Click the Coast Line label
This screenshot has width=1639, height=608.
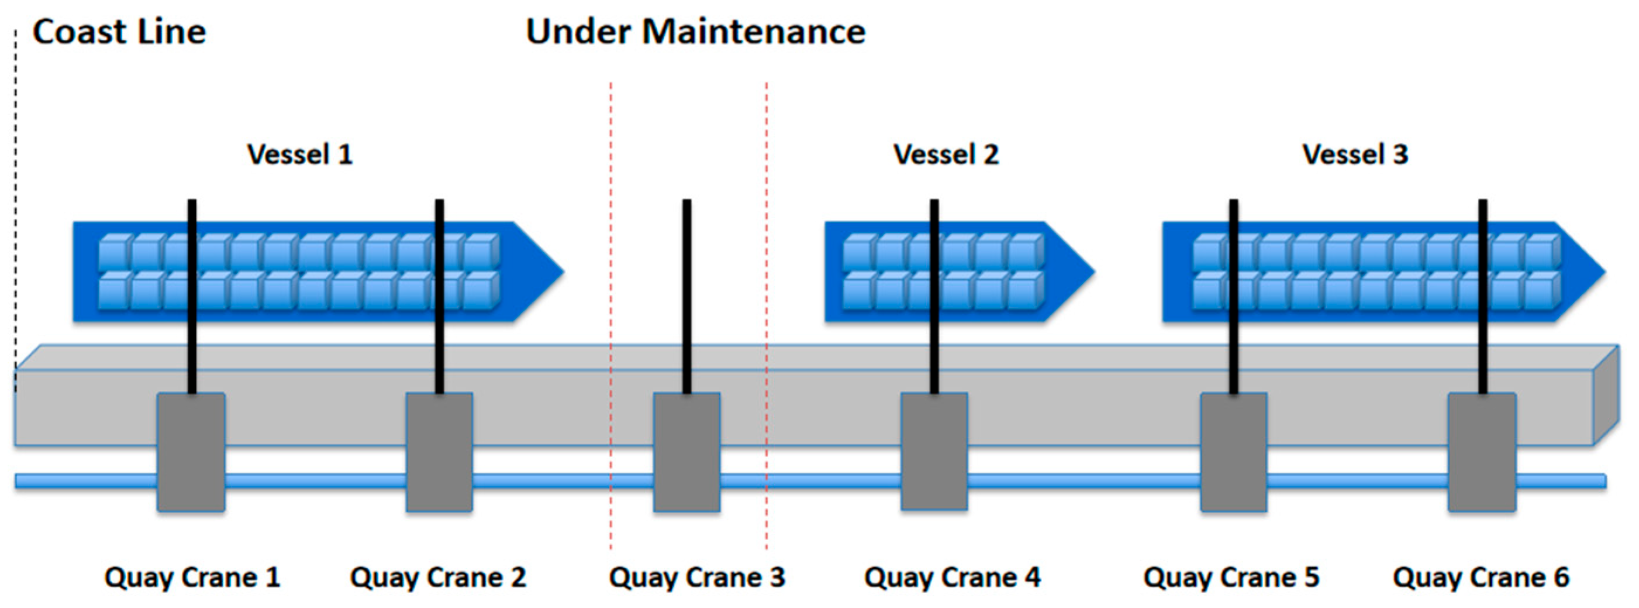119,32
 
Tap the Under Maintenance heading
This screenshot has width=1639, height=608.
695,32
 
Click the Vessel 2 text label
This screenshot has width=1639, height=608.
946,154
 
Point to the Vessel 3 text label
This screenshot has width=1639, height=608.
1355,154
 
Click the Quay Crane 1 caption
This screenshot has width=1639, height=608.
192,578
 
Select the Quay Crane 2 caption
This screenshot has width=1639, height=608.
438,578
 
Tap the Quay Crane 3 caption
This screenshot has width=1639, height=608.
696,578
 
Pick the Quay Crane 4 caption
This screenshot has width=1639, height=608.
952,578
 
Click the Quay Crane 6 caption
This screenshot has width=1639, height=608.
1481,578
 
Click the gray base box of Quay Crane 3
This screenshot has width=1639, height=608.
686,451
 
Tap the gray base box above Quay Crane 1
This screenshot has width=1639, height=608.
191,451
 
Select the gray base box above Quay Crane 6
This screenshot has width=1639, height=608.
1482,451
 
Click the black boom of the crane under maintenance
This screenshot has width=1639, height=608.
686,287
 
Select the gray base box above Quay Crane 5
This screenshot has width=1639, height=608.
1233,451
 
